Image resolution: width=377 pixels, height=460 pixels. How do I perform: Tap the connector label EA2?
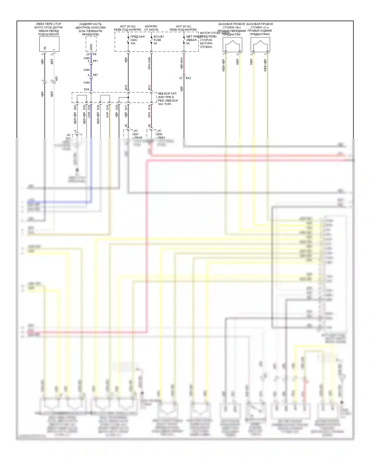188,78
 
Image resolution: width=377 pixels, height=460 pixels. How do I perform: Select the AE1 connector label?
57,79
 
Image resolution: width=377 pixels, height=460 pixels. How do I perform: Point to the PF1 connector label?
96,61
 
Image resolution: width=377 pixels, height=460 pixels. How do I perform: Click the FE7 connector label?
96,75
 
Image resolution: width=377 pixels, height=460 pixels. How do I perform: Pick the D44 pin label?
86,89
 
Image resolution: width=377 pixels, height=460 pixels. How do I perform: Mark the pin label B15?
126,87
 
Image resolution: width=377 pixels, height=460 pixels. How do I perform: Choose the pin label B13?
149,87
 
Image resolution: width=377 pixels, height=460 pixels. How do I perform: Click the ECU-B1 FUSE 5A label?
158,40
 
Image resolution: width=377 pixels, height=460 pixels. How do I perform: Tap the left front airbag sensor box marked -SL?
49,44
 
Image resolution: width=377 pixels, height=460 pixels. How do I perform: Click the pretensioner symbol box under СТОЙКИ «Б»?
232,45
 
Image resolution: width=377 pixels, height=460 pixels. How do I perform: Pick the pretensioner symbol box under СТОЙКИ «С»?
260,45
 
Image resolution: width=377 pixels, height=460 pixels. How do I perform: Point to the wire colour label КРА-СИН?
149,63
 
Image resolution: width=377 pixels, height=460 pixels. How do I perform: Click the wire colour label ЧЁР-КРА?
181,63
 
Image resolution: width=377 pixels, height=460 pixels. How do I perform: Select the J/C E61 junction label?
136,133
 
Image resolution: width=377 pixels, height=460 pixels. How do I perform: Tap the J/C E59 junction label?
159,133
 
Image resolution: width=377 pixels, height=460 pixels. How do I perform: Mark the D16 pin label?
108,107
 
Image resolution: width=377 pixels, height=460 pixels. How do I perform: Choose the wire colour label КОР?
108,115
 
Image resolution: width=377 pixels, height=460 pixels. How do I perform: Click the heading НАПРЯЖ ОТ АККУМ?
151,28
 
